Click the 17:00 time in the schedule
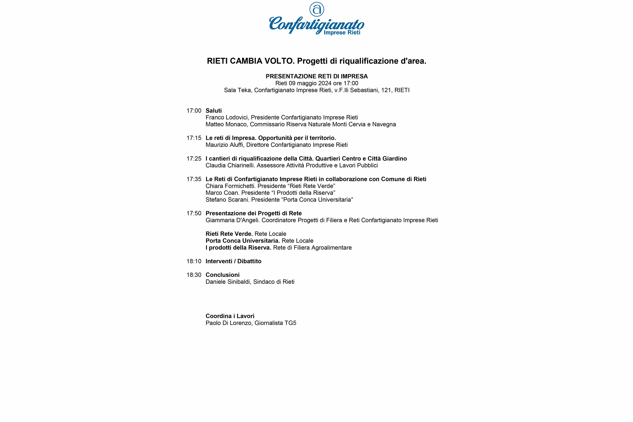point(194,111)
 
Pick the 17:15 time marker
point(194,138)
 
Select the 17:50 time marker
point(194,213)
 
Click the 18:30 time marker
point(194,275)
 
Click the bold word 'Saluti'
point(213,111)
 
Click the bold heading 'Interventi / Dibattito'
point(233,261)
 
